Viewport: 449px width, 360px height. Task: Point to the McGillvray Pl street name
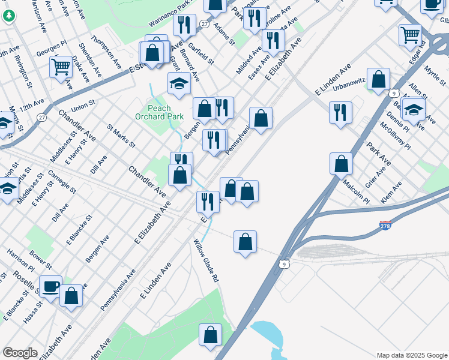pos(395,136)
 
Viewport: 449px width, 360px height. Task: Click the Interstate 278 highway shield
pos(386,226)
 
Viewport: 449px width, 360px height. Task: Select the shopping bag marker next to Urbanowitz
pos(378,79)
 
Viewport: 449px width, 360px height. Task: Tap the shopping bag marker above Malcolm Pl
pos(341,163)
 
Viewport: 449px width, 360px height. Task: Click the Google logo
pos(20,353)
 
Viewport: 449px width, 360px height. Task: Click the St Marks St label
pos(121,136)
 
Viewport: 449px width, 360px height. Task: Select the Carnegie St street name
pos(62,182)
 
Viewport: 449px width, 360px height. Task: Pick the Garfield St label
pos(200,53)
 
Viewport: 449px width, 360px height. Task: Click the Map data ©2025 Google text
pos(411,355)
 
